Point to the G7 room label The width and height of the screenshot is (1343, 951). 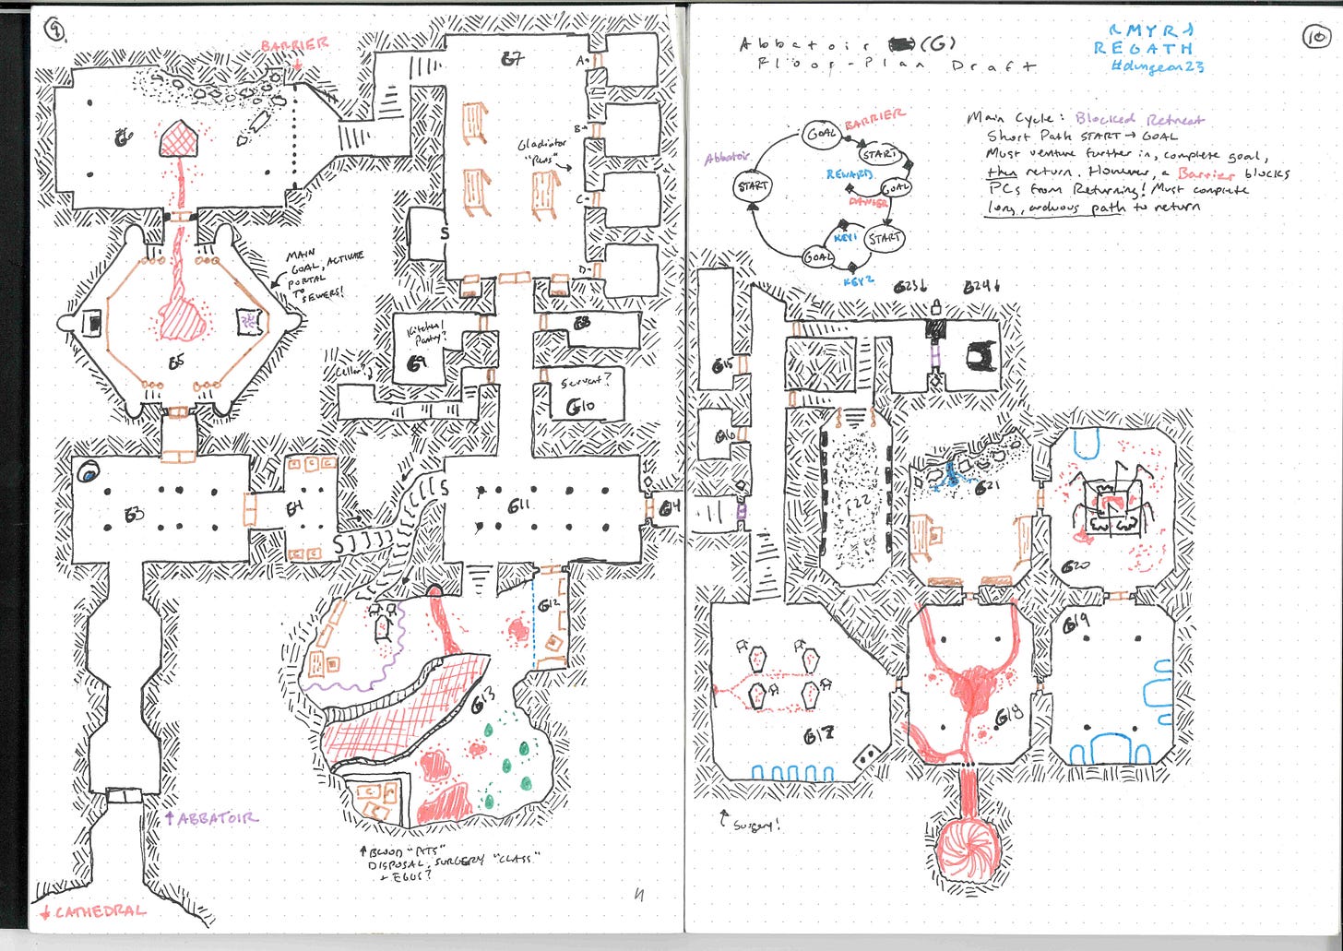point(513,59)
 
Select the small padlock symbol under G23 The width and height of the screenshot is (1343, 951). point(935,305)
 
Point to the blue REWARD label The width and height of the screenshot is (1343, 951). point(849,174)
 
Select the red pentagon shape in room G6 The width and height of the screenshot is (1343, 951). point(181,139)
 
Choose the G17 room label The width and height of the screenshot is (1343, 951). point(817,735)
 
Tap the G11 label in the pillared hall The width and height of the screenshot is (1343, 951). point(518,505)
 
